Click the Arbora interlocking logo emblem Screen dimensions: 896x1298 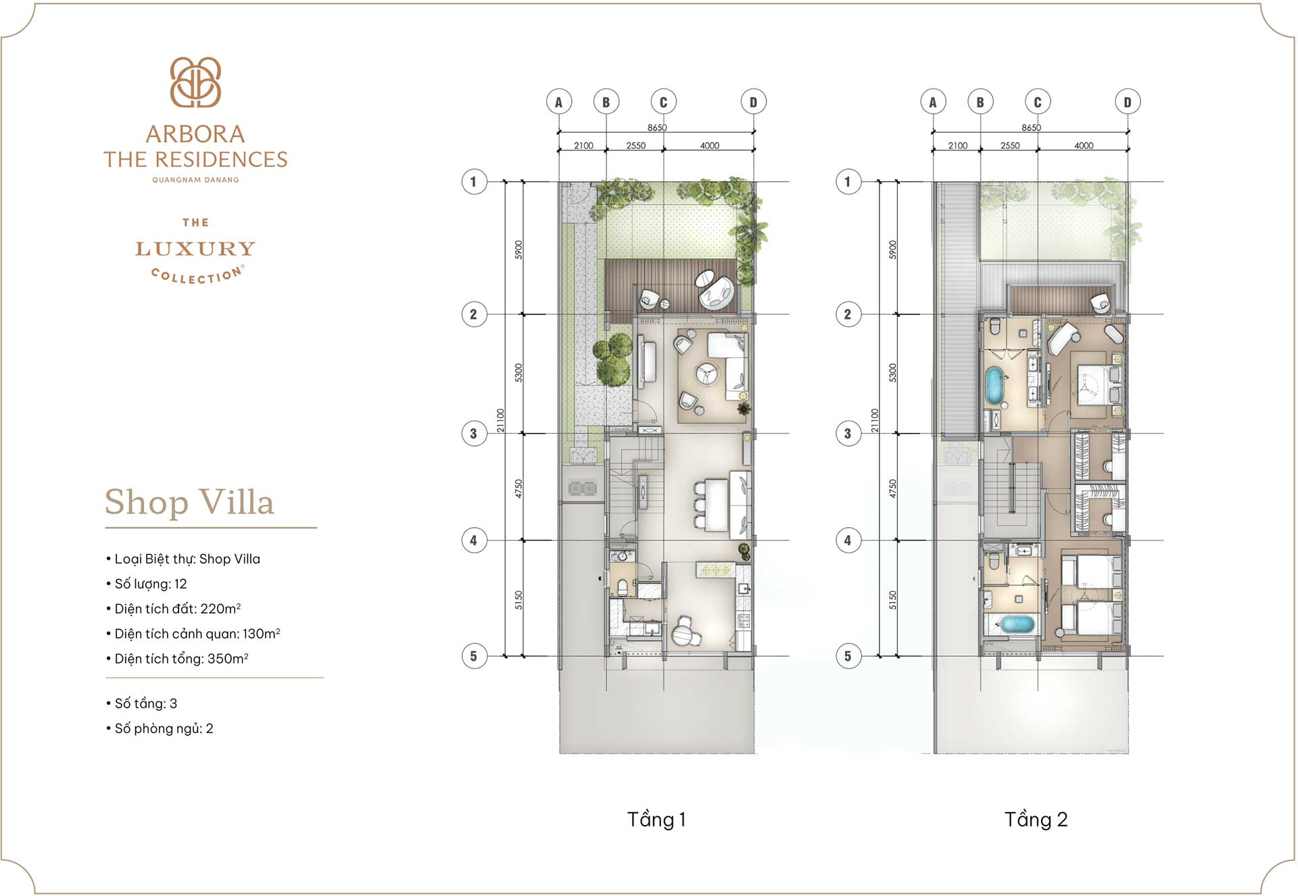click(195, 82)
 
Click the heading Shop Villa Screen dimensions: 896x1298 click(189, 502)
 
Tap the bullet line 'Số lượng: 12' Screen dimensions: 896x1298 click(150, 584)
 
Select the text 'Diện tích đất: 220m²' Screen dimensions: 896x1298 click(177, 609)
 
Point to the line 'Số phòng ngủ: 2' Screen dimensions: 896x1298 click(164, 728)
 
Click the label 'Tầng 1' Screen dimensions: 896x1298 click(656, 820)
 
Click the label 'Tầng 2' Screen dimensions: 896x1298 click(1036, 820)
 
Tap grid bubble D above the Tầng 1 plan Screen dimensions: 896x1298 click(753, 102)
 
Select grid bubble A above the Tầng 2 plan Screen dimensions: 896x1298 click(933, 102)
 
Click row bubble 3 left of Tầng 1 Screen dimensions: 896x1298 click(474, 434)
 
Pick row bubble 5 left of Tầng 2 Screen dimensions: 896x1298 click(848, 656)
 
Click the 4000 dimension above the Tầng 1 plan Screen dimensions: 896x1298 click(709, 146)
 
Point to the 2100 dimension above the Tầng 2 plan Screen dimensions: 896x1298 click(957, 146)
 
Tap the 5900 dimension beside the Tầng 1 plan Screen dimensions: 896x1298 click(519, 249)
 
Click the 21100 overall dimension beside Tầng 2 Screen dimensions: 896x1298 click(875, 420)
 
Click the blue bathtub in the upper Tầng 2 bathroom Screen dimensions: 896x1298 click(994, 386)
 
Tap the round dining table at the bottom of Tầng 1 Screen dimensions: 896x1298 click(683, 634)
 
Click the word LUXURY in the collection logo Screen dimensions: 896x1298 click(195, 249)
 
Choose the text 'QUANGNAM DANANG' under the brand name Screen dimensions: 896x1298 click(195, 180)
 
